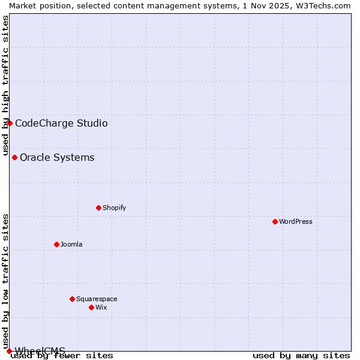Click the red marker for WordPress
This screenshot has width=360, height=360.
pyautogui.click(x=275, y=221)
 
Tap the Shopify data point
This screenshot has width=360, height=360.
pyautogui.click(x=98, y=208)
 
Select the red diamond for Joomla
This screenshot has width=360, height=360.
pyautogui.click(x=56, y=244)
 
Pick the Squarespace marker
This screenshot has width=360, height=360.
pyautogui.click(x=72, y=299)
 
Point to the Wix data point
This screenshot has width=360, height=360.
pyautogui.click(x=91, y=307)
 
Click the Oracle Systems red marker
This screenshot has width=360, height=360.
pyautogui.click(x=14, y=157)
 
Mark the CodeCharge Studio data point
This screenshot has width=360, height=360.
pyautogui.click(x=10, y=123)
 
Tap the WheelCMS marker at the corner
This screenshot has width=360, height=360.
pyautogui.click(x=9, y=351)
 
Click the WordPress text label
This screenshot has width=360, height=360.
pyautogui.click(x=296, y=221)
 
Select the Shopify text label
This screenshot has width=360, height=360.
pyautogui.click(x=114, y=208)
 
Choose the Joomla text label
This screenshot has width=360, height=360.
pyautogui.click(x=71, y=244)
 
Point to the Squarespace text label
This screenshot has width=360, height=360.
pyautogui.click(x=97, y=299)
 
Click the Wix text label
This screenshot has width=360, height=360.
pyautogui.click(x=101, y=307)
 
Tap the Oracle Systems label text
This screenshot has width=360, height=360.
pyautogui.click(x=57, y=158)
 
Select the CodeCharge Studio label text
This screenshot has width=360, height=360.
pyautogui.click(x=61, y=124)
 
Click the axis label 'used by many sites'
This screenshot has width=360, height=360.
pyautogui.click(x=301, y=355)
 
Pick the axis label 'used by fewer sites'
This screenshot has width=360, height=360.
pyautogui.click(x=62, y=356)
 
